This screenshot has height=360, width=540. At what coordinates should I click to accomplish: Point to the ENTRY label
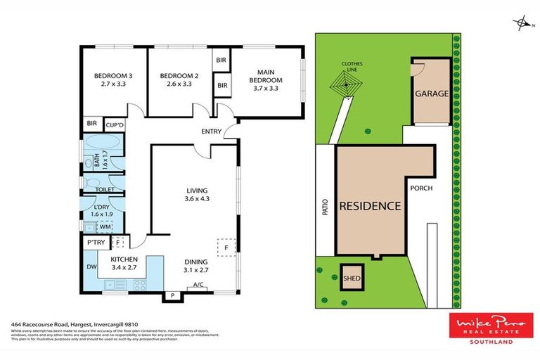tap(211, 131)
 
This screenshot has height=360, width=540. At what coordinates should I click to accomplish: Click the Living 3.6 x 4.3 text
tap(196, 194)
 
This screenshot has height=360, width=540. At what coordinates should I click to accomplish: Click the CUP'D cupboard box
tap(114, 124)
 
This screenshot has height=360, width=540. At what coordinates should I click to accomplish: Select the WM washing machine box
tap(105, 226)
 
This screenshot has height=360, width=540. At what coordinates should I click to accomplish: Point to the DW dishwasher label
tap(91, 267)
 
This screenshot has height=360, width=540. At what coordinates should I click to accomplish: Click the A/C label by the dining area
tap(198, 285)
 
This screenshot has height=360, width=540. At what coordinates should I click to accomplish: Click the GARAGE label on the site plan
tap(431, 94)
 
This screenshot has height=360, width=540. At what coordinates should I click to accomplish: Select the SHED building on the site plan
tap(352, 278)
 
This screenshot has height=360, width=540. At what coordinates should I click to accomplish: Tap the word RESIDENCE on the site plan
tap(371, 207)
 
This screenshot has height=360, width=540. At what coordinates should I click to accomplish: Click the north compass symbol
tap(522, 24)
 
